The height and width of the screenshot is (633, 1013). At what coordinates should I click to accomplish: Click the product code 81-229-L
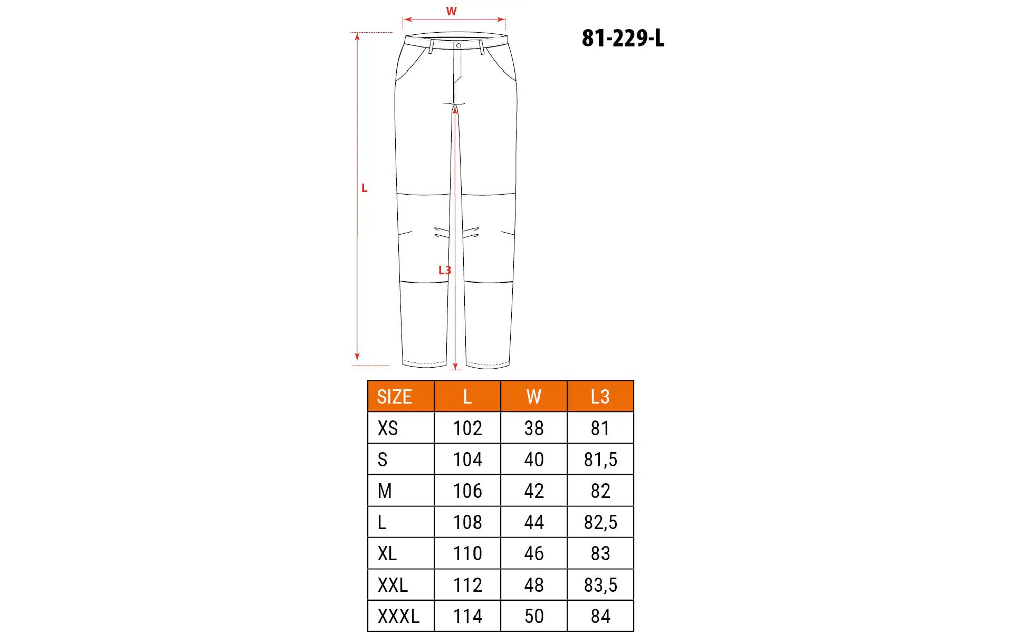(x=623, y=38)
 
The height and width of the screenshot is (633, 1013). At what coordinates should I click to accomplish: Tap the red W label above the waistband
(x=451, y=11)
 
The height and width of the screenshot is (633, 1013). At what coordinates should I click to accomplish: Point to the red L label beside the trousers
(x=364, y=188)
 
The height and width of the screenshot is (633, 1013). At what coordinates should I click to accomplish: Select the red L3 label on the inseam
(x=445, y=270)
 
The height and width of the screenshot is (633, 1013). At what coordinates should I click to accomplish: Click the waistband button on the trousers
(x=458, y=46)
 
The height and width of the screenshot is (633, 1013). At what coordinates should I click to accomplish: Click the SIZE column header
(x=394, y=397)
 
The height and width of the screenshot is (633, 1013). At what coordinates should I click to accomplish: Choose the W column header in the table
(x=534, y=397)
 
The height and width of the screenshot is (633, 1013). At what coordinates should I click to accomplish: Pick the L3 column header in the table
(x=600, y=397)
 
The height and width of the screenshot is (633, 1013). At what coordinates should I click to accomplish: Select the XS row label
(x=388, y=428)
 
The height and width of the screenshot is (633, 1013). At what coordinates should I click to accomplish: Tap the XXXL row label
(x=398, y=616)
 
